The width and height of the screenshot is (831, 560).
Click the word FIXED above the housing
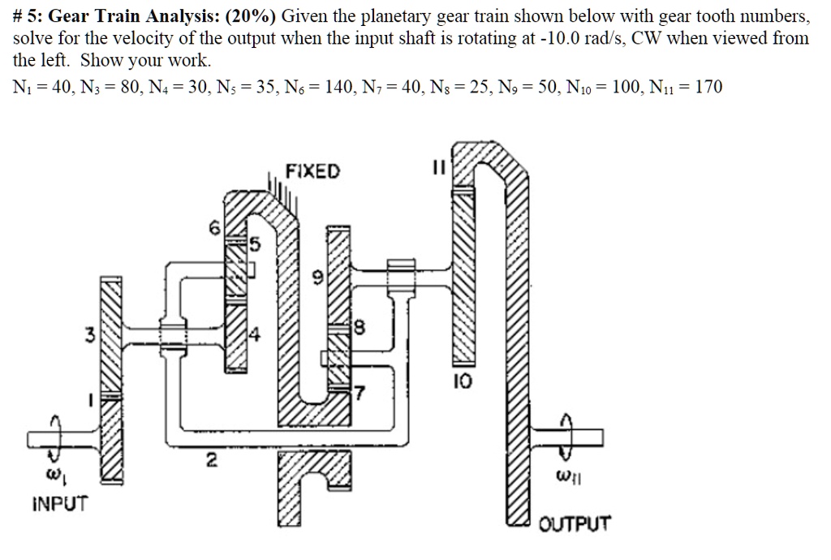pyautogui.click(x=314, y=171)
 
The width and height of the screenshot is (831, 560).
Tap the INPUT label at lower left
pyautogui.click(x=59, y=503)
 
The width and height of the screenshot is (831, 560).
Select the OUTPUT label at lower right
pyautogui.click(x=575, y=523)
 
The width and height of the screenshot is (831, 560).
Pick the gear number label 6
pyautogui.click(x=215, y=230)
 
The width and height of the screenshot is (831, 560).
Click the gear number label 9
pyautogui.click(x=318, y=278)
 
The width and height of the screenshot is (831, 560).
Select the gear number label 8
pyautogui.click(x=360, y=330)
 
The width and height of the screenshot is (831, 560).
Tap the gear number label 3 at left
pyautogui.click(x=95, y=334)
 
